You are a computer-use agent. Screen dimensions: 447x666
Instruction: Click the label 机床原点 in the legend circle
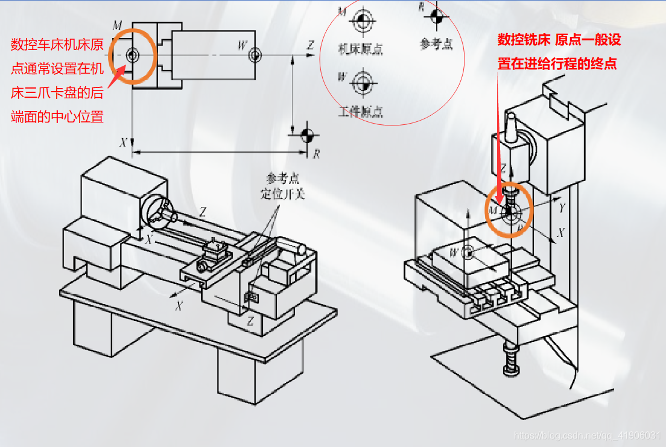(x=360, y=49)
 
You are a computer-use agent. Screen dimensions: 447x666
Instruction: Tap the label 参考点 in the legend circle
(x=436, y=44)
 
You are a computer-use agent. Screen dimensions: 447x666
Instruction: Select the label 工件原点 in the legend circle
(x=360, y=112)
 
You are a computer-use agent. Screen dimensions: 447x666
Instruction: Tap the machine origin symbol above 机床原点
(x=362, y=21)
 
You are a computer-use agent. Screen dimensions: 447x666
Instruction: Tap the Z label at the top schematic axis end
(x=310, y=45)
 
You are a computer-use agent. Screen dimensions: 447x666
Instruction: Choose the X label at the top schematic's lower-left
(x=123, y=143)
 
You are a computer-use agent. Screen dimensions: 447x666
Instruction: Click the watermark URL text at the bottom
(x=588, y=434)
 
